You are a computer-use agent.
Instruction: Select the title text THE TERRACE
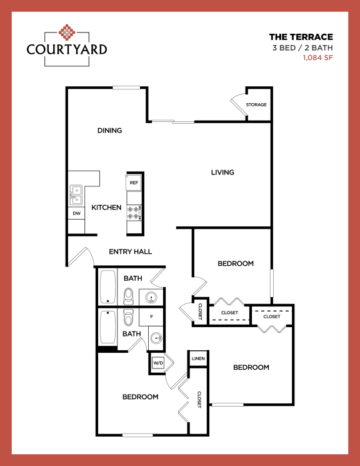301,37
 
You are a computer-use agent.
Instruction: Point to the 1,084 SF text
317,58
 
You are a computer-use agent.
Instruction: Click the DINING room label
109,131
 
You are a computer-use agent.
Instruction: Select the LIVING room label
222,172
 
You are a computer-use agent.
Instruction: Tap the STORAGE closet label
256,104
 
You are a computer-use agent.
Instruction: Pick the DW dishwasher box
76,213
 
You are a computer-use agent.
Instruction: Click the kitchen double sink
76,195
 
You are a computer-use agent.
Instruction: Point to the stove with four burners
134,213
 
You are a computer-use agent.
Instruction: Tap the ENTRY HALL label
131,251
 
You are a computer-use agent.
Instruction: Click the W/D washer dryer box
157,363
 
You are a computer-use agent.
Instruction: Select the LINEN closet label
199,358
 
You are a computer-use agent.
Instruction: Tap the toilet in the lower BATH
129,318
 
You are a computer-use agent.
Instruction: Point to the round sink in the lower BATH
156,340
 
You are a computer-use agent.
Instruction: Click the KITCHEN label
106,207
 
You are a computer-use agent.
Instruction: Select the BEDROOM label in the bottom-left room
140,397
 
